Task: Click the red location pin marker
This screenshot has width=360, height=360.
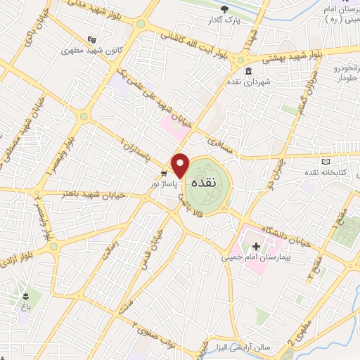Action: (x=181, y=165)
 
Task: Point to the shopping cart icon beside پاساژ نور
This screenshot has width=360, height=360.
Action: (x=163, y=173)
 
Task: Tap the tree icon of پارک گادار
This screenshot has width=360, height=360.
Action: (x=224, y=9)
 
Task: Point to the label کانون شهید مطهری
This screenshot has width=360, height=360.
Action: (x=85, y=51)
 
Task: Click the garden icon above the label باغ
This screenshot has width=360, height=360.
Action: (x=27, y=295)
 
